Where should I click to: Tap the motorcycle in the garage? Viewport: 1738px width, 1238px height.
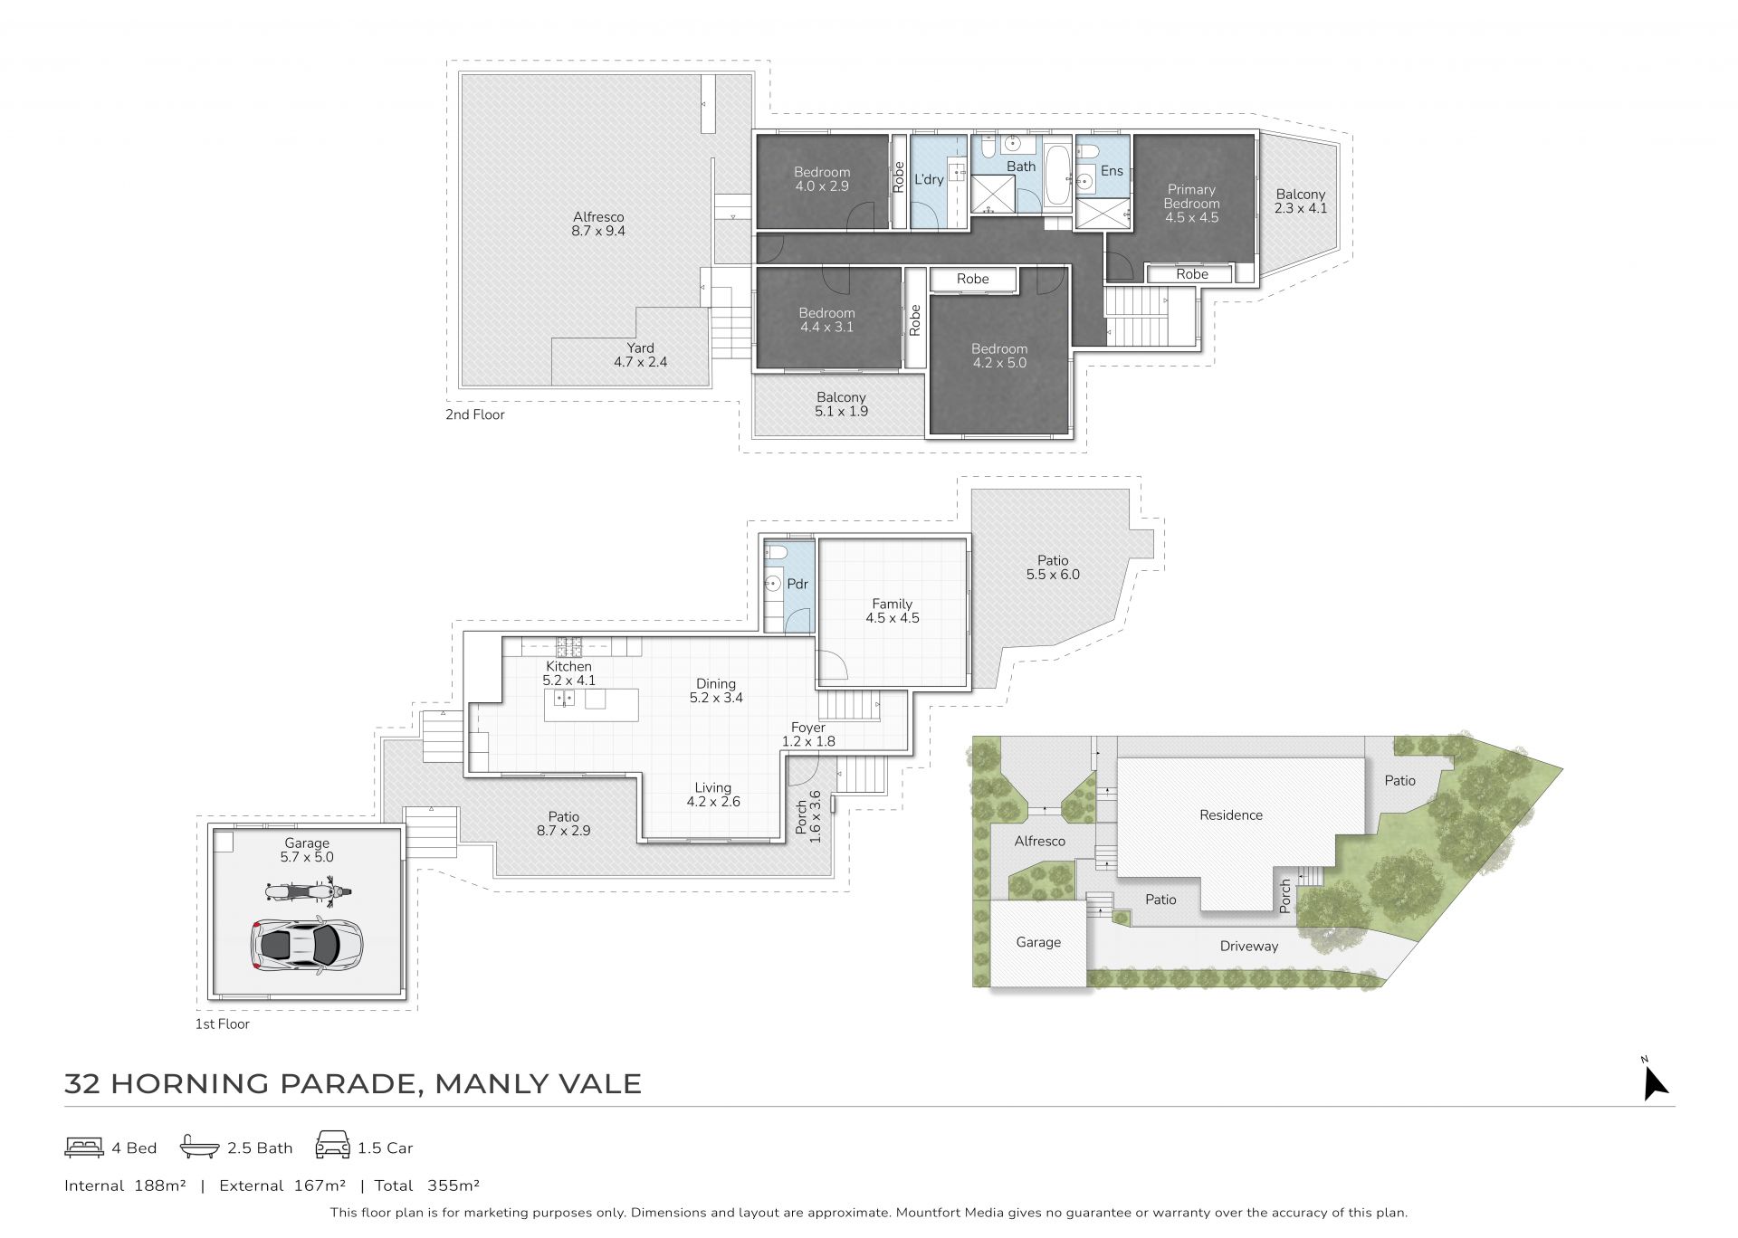[308, 891]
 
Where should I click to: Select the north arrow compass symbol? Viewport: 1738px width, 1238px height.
[1655, 1081]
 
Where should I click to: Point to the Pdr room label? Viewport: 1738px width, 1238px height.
[797, 584]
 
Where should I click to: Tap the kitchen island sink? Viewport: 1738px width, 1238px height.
[564, 698]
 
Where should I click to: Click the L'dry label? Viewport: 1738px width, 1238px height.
[929, 179]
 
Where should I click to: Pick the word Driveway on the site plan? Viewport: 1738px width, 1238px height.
[1248, 947]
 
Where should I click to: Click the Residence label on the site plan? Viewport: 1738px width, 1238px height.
[1230, 814]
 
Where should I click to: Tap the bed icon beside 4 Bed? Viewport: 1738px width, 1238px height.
[84, 1148]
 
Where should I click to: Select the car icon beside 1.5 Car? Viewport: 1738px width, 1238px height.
[332, 1146]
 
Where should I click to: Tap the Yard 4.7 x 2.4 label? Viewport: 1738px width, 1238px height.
[640, 355]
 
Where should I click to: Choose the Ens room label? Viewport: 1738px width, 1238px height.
[1112, 171]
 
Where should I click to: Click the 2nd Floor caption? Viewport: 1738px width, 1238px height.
[474, 414]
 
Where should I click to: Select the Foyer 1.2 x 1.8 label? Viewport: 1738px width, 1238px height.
[808, 734]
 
